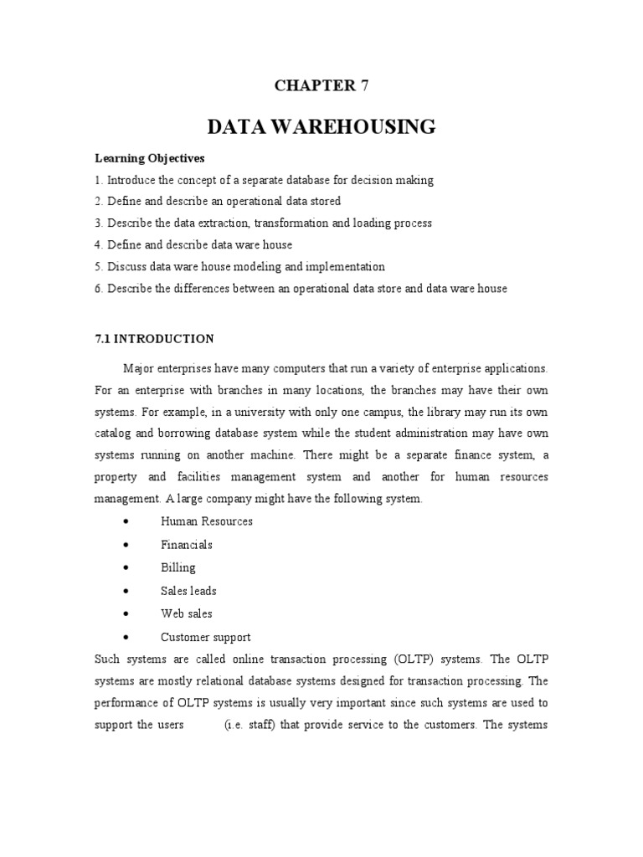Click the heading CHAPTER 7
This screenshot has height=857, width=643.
click(321, 85)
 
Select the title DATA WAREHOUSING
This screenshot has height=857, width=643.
click(321, 127)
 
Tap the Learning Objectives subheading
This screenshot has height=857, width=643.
click(149, 158)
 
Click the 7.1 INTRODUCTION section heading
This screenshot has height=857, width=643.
click(154, 339)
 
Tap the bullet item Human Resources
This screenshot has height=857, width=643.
click(206, 521)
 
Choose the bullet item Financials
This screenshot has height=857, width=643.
click(186, 545)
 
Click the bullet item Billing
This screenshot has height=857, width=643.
click(177, 567)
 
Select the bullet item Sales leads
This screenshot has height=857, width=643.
click(188, 591)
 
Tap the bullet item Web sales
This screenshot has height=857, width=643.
click(186, 613)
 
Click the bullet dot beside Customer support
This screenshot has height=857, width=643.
click(125, 637)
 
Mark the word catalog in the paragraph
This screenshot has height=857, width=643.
click(114, 435)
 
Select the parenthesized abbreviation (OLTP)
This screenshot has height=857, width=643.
click(358, 659)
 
